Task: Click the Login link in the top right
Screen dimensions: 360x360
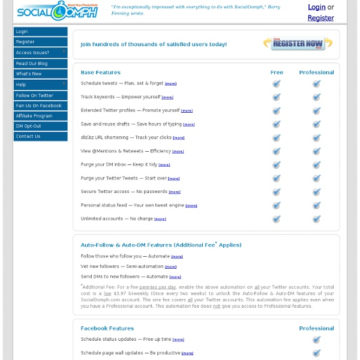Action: point(316,7)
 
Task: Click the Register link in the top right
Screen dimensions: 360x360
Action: point(320,18)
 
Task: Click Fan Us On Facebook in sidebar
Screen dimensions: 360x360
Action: point(38,106)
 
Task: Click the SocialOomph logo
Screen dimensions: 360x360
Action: point(58,11)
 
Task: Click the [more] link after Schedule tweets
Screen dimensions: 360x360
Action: point(171,84)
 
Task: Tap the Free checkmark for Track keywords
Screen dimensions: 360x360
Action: point(277,97)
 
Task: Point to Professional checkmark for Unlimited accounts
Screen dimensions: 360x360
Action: point(317,219)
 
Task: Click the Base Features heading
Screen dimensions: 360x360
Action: point(101,73)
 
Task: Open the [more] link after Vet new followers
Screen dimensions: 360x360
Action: point(171,267)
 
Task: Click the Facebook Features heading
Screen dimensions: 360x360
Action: point(107,328)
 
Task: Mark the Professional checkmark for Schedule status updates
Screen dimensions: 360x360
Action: point(317,340)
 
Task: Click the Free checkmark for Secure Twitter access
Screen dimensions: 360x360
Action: point(277,192)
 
